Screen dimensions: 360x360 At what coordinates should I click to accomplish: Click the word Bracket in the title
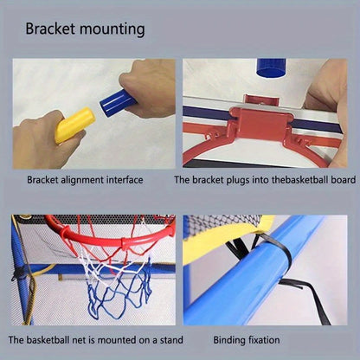point(49,28)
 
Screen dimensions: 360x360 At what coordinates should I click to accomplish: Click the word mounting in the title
point(111,29)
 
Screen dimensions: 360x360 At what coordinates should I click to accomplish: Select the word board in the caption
point(339,180)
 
